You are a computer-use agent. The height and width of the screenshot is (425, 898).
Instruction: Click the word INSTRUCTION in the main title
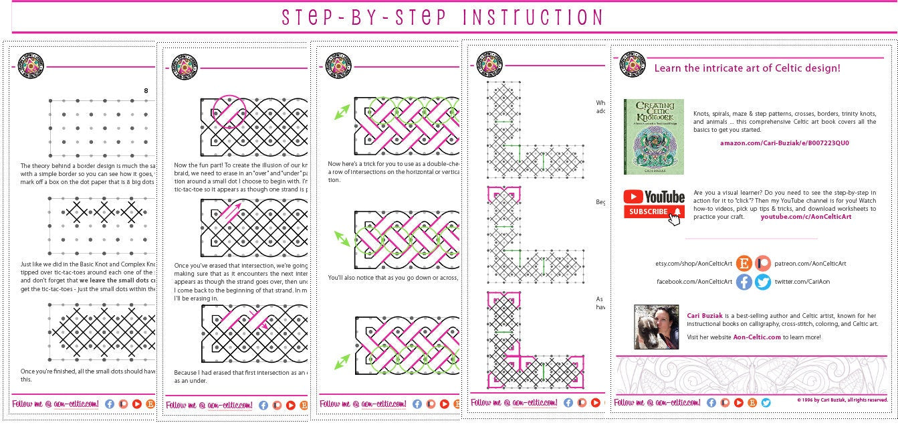click(x=514, y=17)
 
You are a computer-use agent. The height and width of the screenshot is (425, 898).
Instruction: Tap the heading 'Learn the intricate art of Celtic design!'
click(x=747, y=68)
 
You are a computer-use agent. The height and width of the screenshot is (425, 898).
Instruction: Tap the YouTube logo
click(x=654, y=197)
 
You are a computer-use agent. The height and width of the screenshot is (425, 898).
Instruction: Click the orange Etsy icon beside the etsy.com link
click(x=744, y=264)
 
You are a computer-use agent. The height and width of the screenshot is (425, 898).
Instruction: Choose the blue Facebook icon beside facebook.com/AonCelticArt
click(x=744, y=282)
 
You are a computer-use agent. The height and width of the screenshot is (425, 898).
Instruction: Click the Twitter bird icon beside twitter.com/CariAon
click(x=762, y=282)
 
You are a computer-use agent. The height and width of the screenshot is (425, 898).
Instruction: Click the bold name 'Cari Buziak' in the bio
click(x=705, y=315)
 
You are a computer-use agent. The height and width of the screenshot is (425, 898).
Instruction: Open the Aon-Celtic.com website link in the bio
click(x=756, y=337)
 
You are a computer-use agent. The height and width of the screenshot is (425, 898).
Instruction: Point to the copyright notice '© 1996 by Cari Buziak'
click(x=842, y=400)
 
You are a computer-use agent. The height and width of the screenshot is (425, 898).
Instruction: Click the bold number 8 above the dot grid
click(x=146, y=91)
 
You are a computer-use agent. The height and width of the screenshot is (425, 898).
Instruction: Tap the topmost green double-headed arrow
click(x=342, y=112)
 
